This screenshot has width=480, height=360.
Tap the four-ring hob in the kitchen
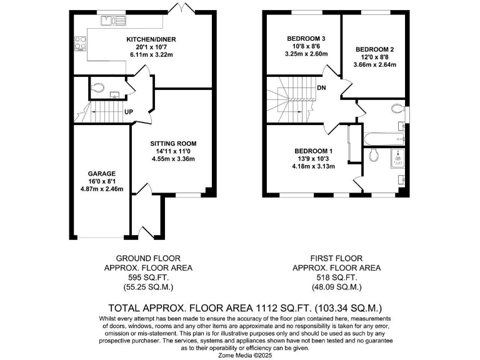[x=81, y=43]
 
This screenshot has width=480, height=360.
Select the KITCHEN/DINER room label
[x=149, y=39]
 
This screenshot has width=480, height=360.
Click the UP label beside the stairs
[x=128, y=112]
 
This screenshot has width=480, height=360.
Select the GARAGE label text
[x=102, y=173]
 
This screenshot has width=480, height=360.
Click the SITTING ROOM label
[x=172, y=142]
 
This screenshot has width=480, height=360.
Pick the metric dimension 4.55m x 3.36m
[x=172, y=159]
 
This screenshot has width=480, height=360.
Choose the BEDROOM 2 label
[x=375, y=49]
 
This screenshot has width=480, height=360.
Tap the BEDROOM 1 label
[x=314, y=151]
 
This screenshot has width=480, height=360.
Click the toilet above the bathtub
[x=398, y=109]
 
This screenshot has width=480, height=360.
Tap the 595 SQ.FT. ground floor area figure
[x=148, y=277]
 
